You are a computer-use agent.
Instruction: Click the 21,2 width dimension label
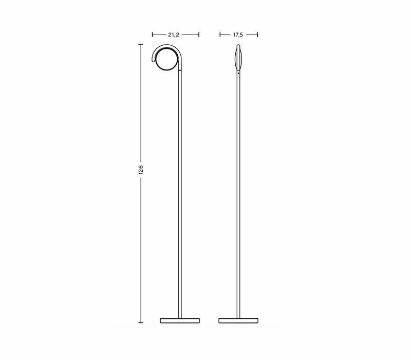174,34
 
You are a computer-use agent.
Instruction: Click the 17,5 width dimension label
238,34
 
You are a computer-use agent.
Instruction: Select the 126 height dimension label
141,170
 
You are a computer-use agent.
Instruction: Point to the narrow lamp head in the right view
238,58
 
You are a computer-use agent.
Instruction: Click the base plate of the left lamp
180,320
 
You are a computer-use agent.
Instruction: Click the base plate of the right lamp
238,320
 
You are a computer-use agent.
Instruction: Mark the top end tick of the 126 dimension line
141,44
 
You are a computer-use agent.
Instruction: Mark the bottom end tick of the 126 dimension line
141,322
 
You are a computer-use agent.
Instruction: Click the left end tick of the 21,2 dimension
152,34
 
